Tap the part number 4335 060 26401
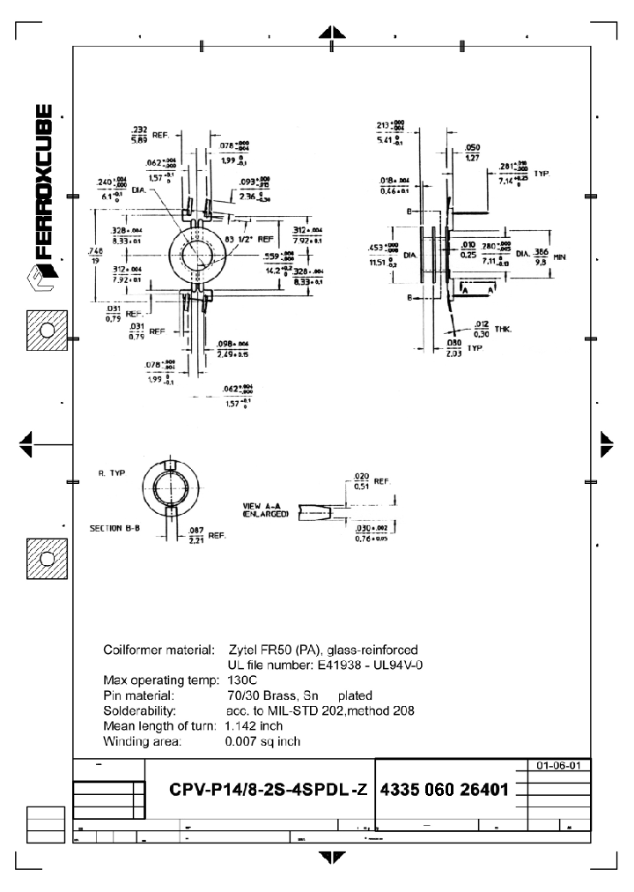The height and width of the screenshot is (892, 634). (444, 787)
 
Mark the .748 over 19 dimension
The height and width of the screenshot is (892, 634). (95, 256)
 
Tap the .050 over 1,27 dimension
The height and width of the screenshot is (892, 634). (472, 152)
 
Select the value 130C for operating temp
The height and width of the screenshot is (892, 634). (241, 680)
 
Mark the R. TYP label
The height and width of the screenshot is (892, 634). (112, 473)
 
